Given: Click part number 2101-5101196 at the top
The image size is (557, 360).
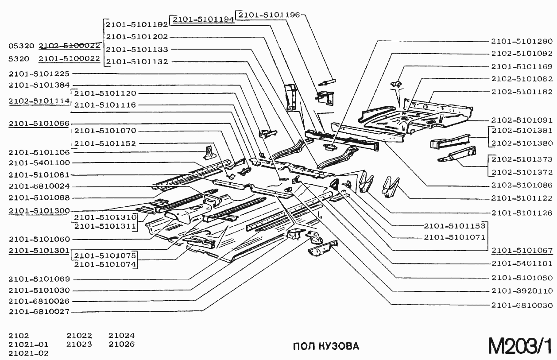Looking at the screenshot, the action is click(x=269, y=15).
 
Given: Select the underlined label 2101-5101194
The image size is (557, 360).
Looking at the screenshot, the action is click(x=203, y=19).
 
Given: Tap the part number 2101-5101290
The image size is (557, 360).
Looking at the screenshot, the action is click(x=522, y=41).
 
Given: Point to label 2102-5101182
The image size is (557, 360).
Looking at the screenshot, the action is click(x=522, y=92).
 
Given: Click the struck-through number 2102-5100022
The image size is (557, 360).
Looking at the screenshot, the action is click(x=70, y=46).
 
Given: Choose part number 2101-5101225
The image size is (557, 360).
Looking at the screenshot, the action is click(x=39, y=74).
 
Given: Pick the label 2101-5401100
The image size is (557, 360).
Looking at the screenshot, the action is click(x=39, y=163).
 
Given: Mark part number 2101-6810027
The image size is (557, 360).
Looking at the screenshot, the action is click(x=39, y=312).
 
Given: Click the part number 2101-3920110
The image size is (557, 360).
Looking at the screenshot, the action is click(x=522, y=291).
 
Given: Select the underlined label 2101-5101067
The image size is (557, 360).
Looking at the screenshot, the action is click(x=522, y=250).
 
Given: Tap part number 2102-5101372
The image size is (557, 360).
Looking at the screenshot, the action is click(x=522, y=172).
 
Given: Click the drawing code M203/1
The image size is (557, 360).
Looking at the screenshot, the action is click(x=520, y=346).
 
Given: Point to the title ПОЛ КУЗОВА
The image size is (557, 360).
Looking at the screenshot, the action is click(x=326, y=346).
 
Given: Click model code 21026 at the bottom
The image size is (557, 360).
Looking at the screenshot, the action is click(x=122, y=345).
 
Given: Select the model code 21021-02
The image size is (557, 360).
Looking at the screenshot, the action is click(x=29, y=353).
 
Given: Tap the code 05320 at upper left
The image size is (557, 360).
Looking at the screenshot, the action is click(x=21, y=46).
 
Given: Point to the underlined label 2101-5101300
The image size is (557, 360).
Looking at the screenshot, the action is click(x=39, y=211).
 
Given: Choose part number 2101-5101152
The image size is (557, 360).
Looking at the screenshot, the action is click(x=105, y=144).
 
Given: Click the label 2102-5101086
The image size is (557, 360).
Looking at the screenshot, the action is click(x=522, y=185).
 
